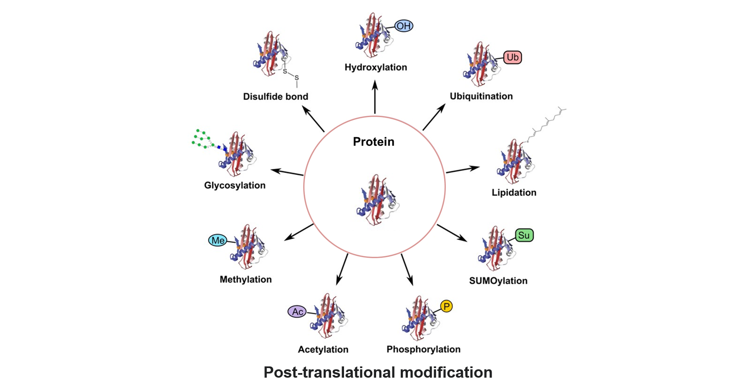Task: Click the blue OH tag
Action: tap(403, 26)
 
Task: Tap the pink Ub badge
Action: tap(512, 57)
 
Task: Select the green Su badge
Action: tap(524, 236)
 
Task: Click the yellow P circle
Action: tap(446, 306)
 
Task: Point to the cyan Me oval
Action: tap(218, 241)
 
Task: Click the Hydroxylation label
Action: tap(376, 68)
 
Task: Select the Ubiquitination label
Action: tap(481, 96)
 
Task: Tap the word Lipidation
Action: tap(514, 193)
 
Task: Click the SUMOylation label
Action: tap(498, 281)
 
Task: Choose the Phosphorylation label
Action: tap(423, 349)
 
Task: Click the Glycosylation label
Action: tap(235, 185)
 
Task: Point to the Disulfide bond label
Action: tap(276, 97)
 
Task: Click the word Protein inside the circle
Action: tap(374, 142)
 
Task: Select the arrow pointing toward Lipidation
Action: tap(463, 169)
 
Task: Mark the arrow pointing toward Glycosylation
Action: tap(287, 172)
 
